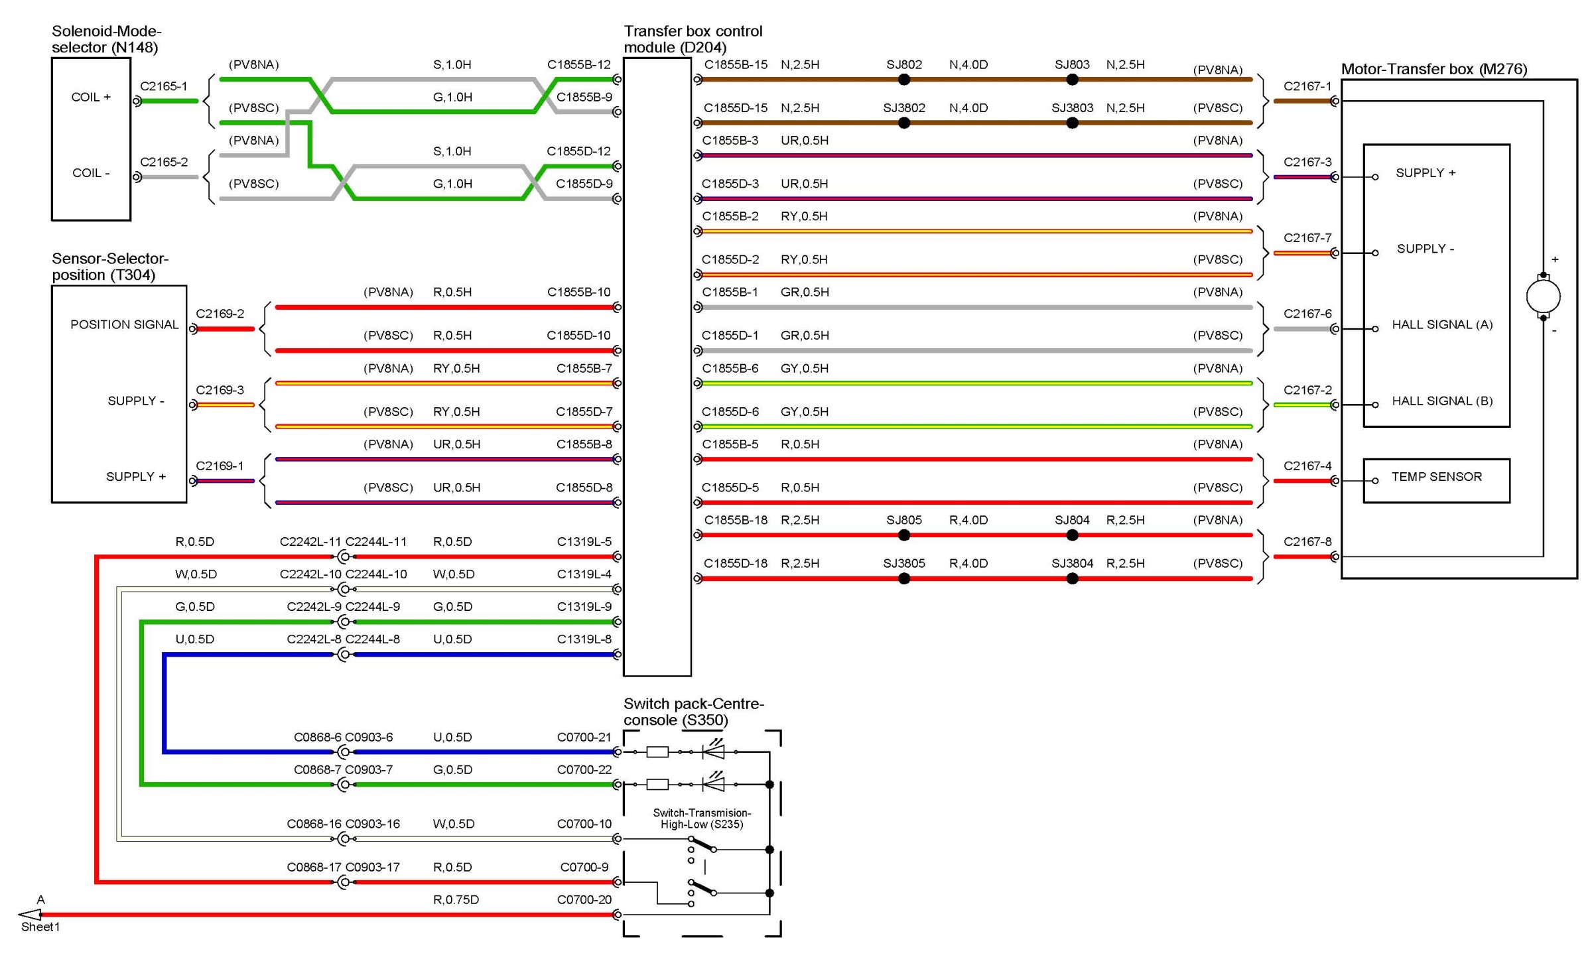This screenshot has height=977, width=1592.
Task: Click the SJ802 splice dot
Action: pyautogui.click(x=903, y=80)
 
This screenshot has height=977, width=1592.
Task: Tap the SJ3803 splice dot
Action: pyautogui.click(x=1072, y=123)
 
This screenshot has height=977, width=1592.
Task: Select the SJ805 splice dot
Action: pyautogui.click(x=903, y=535)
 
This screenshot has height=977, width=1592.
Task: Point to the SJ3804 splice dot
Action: pyautogui.click(x=1072, y=578)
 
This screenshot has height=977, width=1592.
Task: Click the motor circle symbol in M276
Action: pyautogui.click(x=1543, y=296)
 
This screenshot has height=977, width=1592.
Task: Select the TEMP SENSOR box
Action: pyautogui.click(x=1436, y=480)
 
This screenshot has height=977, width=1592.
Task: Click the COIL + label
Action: pyautogui.click(x=91, y=97)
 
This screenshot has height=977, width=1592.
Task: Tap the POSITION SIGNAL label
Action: pyautogui.click(x=125, y=324)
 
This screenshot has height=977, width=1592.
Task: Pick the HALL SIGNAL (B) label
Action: pyautogui.click(x=1442, y=401)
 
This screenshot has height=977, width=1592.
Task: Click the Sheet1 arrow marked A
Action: pyautogui.click(x=31, y=915)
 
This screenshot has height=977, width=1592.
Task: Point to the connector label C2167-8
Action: pyautogui.click(x=1307, y=541)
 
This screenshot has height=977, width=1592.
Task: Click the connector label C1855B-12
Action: pyautogui.click(x=578, y=64)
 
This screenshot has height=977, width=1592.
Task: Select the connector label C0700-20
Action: pyautogui.click(x=584, y=899)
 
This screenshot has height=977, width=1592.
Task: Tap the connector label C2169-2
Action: pyautogui.click(x=220, y=313)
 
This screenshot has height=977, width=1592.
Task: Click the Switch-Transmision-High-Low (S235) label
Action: pyautogui.click(x=702, y=818)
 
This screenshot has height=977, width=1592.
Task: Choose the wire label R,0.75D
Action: pyautogui.click(x=456, y=899)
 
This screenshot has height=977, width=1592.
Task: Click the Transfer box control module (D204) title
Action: pyautogui.click(x=693, y=39)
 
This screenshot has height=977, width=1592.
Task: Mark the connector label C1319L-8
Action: pyautogui.click(x=584, y=639)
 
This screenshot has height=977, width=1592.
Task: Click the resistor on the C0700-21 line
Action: pyautogui.click(x=657, y=751)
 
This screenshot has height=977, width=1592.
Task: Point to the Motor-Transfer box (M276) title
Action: pyautogui.click(x=1433, y=69)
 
